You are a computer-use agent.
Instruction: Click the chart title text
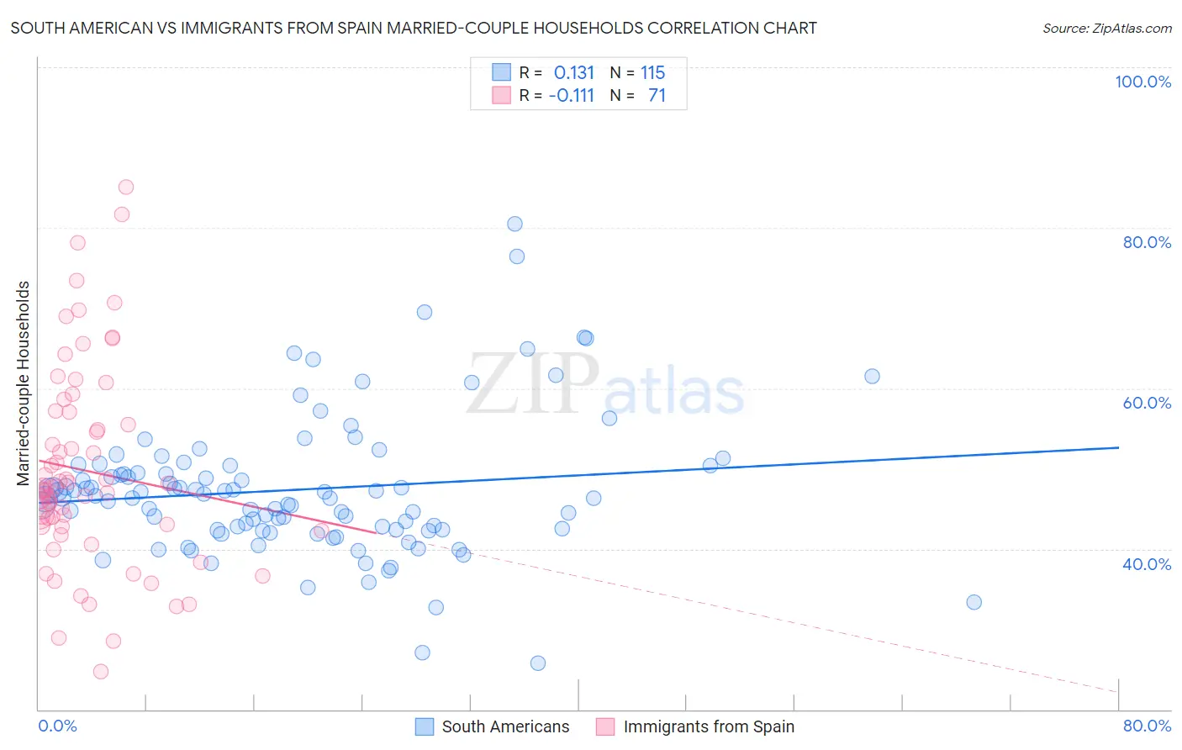(x=413, y=28)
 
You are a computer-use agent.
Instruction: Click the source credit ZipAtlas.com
(x=1106, y=28)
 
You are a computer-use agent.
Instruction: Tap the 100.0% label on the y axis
(x=1142, y=82)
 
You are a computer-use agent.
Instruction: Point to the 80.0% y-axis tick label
(x=1147, y=242)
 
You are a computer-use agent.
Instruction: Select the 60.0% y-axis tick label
(x=1147, y=403)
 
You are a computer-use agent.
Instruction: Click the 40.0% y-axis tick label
(x=1147, y=564)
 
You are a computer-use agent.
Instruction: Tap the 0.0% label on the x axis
(x=57, y=726)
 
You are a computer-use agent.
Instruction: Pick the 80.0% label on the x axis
(x=1147, y=726)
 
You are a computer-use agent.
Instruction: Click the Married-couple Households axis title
(x=24, y=383)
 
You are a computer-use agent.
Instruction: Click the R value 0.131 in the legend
(x=573, y=72)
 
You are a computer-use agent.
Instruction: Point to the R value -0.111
(x=571, y=95)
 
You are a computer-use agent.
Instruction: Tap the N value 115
(x=652, y=72)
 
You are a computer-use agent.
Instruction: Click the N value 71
(x=657, y=95)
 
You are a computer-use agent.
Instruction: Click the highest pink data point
(x=126, y=187)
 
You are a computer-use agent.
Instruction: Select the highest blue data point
(x=514, y=224)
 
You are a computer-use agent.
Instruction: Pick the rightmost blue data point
(x=974, y=602)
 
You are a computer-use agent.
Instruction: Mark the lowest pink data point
(x=101, y=671)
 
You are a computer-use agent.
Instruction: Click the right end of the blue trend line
(x=1118, y=447)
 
